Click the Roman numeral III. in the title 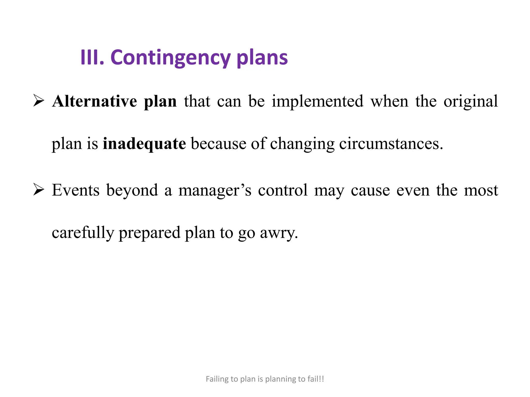[x=92, y=57]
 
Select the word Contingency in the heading [x=170, y=58]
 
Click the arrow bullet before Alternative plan [x=39, y=101]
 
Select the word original [x=470, y=101]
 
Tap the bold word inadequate [x=144, y=144]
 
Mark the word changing [x=302, y=144]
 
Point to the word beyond [x=132, y=190]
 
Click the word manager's [x=215, y=190]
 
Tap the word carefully [x=83, y=233]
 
